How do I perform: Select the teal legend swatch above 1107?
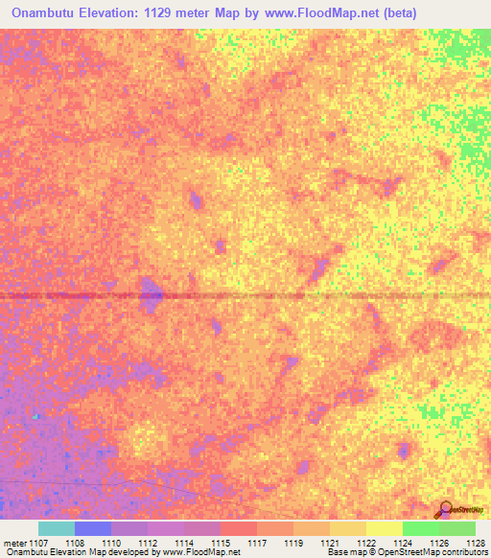(57, 528)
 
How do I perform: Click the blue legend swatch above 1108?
(93, 528)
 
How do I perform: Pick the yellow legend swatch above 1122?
(385, 528)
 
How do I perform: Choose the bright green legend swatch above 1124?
(421, 528)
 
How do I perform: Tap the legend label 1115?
(222, 543)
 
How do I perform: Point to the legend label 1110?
(111, 543)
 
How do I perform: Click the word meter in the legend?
(14, 543)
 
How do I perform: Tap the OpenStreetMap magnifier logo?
(446, 509)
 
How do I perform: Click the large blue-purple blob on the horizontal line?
(151, 293)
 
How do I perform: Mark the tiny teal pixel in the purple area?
(35, 416)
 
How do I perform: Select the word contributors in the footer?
(462, 552)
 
